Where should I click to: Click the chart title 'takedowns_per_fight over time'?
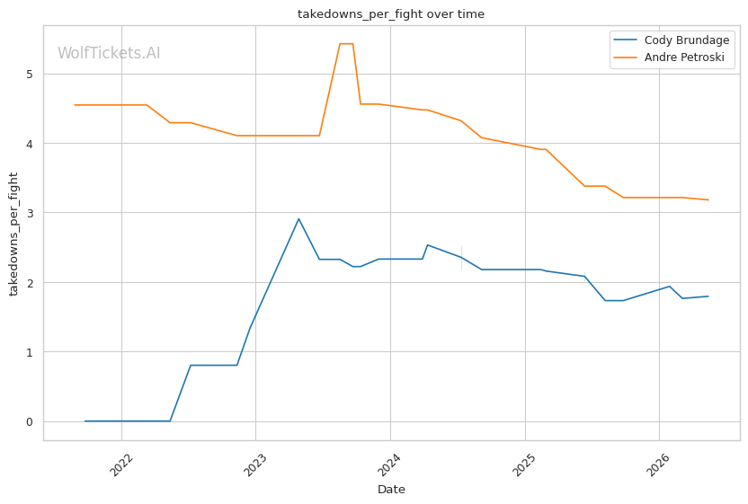(391, 14)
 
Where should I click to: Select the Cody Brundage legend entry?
(672, 40)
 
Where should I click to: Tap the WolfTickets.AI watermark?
(109, 53)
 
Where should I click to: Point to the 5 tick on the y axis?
(30, 75)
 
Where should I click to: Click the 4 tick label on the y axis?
(30, 144)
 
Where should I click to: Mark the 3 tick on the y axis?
(30, 213)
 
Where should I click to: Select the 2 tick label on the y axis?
(30, 283)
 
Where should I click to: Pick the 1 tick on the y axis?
(30, 352)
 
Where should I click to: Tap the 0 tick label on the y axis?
(30, 422)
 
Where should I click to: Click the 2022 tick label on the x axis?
(121, 464)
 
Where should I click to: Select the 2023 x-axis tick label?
(255, 464)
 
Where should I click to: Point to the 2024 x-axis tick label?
(389, 464)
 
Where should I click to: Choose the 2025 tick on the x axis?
(524, 464)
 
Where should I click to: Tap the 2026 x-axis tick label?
(658, 464)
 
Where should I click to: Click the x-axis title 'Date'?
(391, 490)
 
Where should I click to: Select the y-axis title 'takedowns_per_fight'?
(13, 234)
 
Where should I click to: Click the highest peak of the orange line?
(346, 44)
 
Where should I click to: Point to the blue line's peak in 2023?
(298, 219)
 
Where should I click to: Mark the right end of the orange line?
(708, 199)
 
